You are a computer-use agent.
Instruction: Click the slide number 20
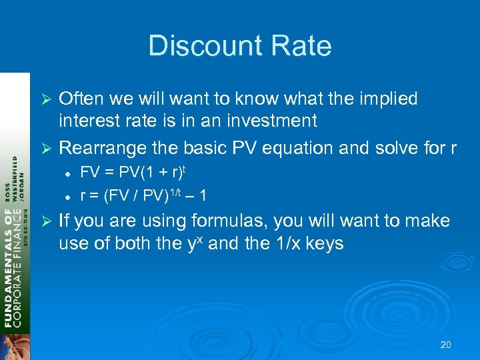(446, 345)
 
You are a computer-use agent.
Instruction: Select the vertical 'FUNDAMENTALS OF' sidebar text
(10, 267)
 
